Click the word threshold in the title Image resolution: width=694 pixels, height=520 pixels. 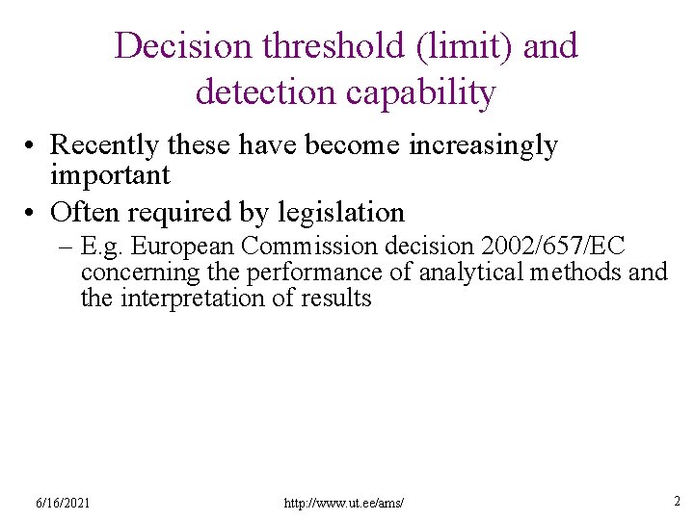(316, 45)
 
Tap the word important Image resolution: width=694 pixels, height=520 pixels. (110, 175)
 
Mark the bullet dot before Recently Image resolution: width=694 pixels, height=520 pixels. (33, 146)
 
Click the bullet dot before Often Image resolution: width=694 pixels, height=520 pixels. (33, 212)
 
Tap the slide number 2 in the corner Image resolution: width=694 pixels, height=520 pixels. (677, 501)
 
